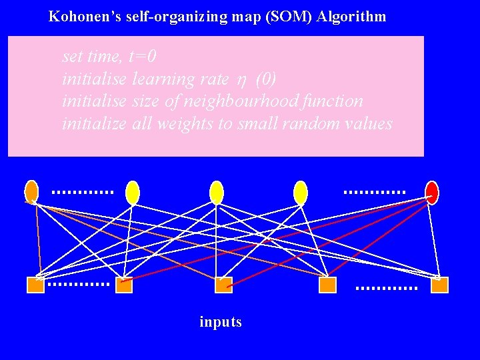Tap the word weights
point(200,124)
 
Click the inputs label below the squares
point(221,322)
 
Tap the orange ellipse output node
point(31,191)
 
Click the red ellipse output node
point(431,192)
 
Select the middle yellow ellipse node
point(216,192)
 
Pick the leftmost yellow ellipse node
point(133,192)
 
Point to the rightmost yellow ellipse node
point(301,192)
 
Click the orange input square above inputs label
point(223,285)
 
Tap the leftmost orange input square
point(35,285)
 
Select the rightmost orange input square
point(439,285)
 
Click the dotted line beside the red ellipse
point(374,192)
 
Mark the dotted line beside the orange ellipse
point(82,192)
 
